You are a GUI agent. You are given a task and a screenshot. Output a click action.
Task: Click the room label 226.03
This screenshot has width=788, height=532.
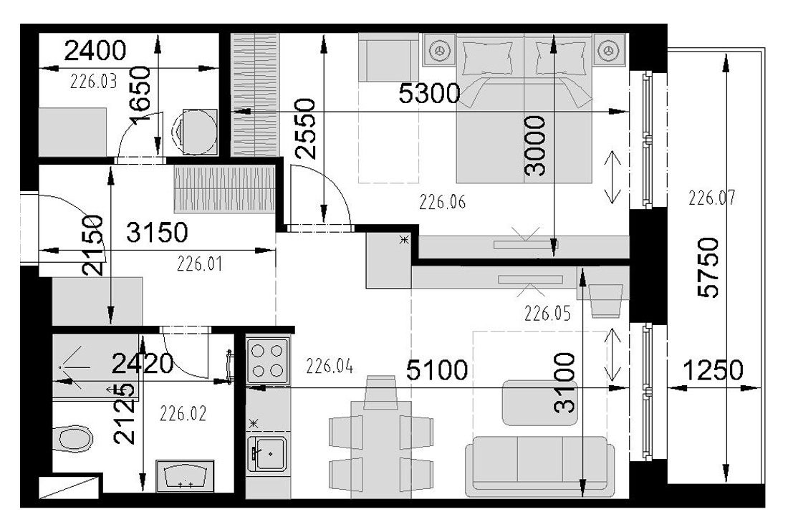(x=93, y=81)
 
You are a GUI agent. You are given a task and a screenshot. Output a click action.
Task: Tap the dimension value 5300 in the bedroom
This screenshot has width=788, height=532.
(x=429, y=93)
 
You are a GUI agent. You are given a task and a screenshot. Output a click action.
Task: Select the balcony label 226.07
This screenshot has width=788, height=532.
(x=711, y=198)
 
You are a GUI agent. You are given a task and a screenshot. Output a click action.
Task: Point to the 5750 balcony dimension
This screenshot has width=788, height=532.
(x=709, y=268)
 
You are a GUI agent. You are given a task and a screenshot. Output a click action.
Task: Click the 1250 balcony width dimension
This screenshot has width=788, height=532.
(x=713, y=371)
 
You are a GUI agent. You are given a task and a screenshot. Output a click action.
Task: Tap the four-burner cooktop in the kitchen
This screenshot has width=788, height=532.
(x=268, y=362)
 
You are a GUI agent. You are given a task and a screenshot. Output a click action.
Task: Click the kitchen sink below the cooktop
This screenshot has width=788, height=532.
(x=267, y=454)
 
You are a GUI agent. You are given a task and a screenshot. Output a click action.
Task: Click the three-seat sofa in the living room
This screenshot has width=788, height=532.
(x=539, y=464)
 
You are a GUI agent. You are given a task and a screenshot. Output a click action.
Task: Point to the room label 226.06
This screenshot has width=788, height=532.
(x=442, y=202)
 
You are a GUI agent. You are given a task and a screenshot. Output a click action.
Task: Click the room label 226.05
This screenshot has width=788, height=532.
(x=547, y=314)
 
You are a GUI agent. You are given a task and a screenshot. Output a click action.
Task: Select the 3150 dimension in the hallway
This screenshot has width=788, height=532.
(x=157, y=233)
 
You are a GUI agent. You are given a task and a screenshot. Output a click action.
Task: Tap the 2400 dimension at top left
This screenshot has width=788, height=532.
(x=95, y=50)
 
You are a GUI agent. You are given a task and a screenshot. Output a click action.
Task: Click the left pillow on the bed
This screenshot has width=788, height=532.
(x=487, y=58)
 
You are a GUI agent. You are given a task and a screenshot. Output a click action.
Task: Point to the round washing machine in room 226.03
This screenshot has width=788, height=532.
(x=196, y=132)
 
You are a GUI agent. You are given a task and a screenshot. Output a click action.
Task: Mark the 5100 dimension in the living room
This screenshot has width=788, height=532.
(x=437, y=371)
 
